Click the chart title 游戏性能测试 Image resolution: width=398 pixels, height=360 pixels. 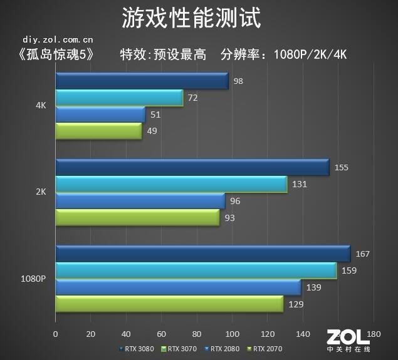(192, 18)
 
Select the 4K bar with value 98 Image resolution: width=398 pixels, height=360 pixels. (142, 81)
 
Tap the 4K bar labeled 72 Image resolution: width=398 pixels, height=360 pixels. (119, 98)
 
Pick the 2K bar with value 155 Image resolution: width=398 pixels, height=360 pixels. (192, 167)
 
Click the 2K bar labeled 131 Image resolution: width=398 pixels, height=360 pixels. (171, 184)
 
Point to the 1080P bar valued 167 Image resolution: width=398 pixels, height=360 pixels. (202, 254)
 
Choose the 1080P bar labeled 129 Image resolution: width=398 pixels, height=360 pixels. (169, 304)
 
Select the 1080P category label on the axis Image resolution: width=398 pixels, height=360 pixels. (33, 279)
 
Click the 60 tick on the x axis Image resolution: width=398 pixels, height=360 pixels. (162, 333)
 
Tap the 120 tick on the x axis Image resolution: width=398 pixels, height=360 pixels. (268, 333)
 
